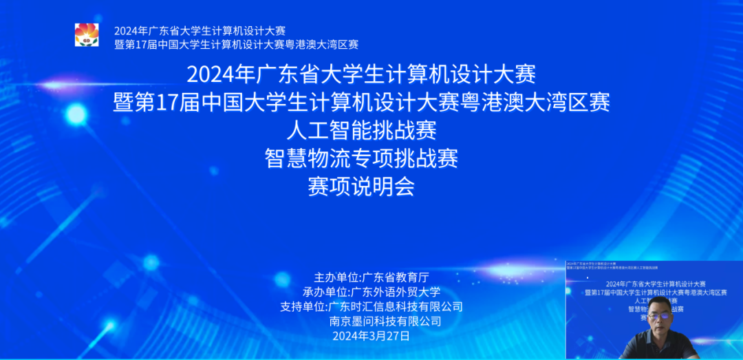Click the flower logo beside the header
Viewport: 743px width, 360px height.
pyautogui.click(x=87, y=35)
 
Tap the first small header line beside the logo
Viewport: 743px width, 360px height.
pyautogui.click(x=200, y=31)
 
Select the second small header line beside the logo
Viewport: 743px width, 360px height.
pyautogui.click(x=236, y=45)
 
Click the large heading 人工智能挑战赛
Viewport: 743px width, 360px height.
pyautogui.click(x=362, y=130)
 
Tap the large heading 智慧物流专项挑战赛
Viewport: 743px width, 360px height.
pyautogui.click(x=362, y=158)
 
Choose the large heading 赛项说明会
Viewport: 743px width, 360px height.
pyautogui.click(x=362, y=187)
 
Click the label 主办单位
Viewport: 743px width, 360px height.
pyautogui.click(x=336, y=277)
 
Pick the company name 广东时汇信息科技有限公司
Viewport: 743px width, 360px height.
pyautogui.click(x=396, y=306)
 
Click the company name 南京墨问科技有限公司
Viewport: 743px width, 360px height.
pyautogui.click(x=385, y=321)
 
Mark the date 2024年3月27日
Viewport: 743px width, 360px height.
pyautogui.click(x=371, y=336)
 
